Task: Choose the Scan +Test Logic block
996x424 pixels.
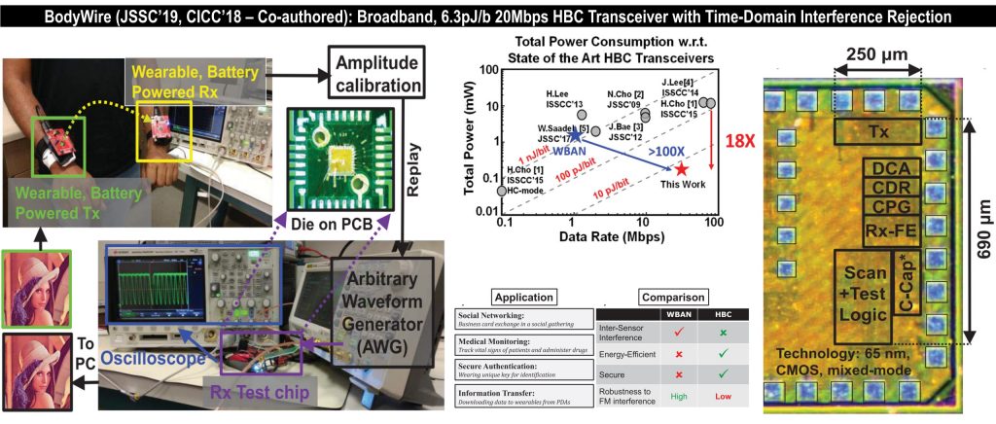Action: (861, 287)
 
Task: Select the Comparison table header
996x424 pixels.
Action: (672, 297)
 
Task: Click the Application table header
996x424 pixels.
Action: (524, 297)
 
